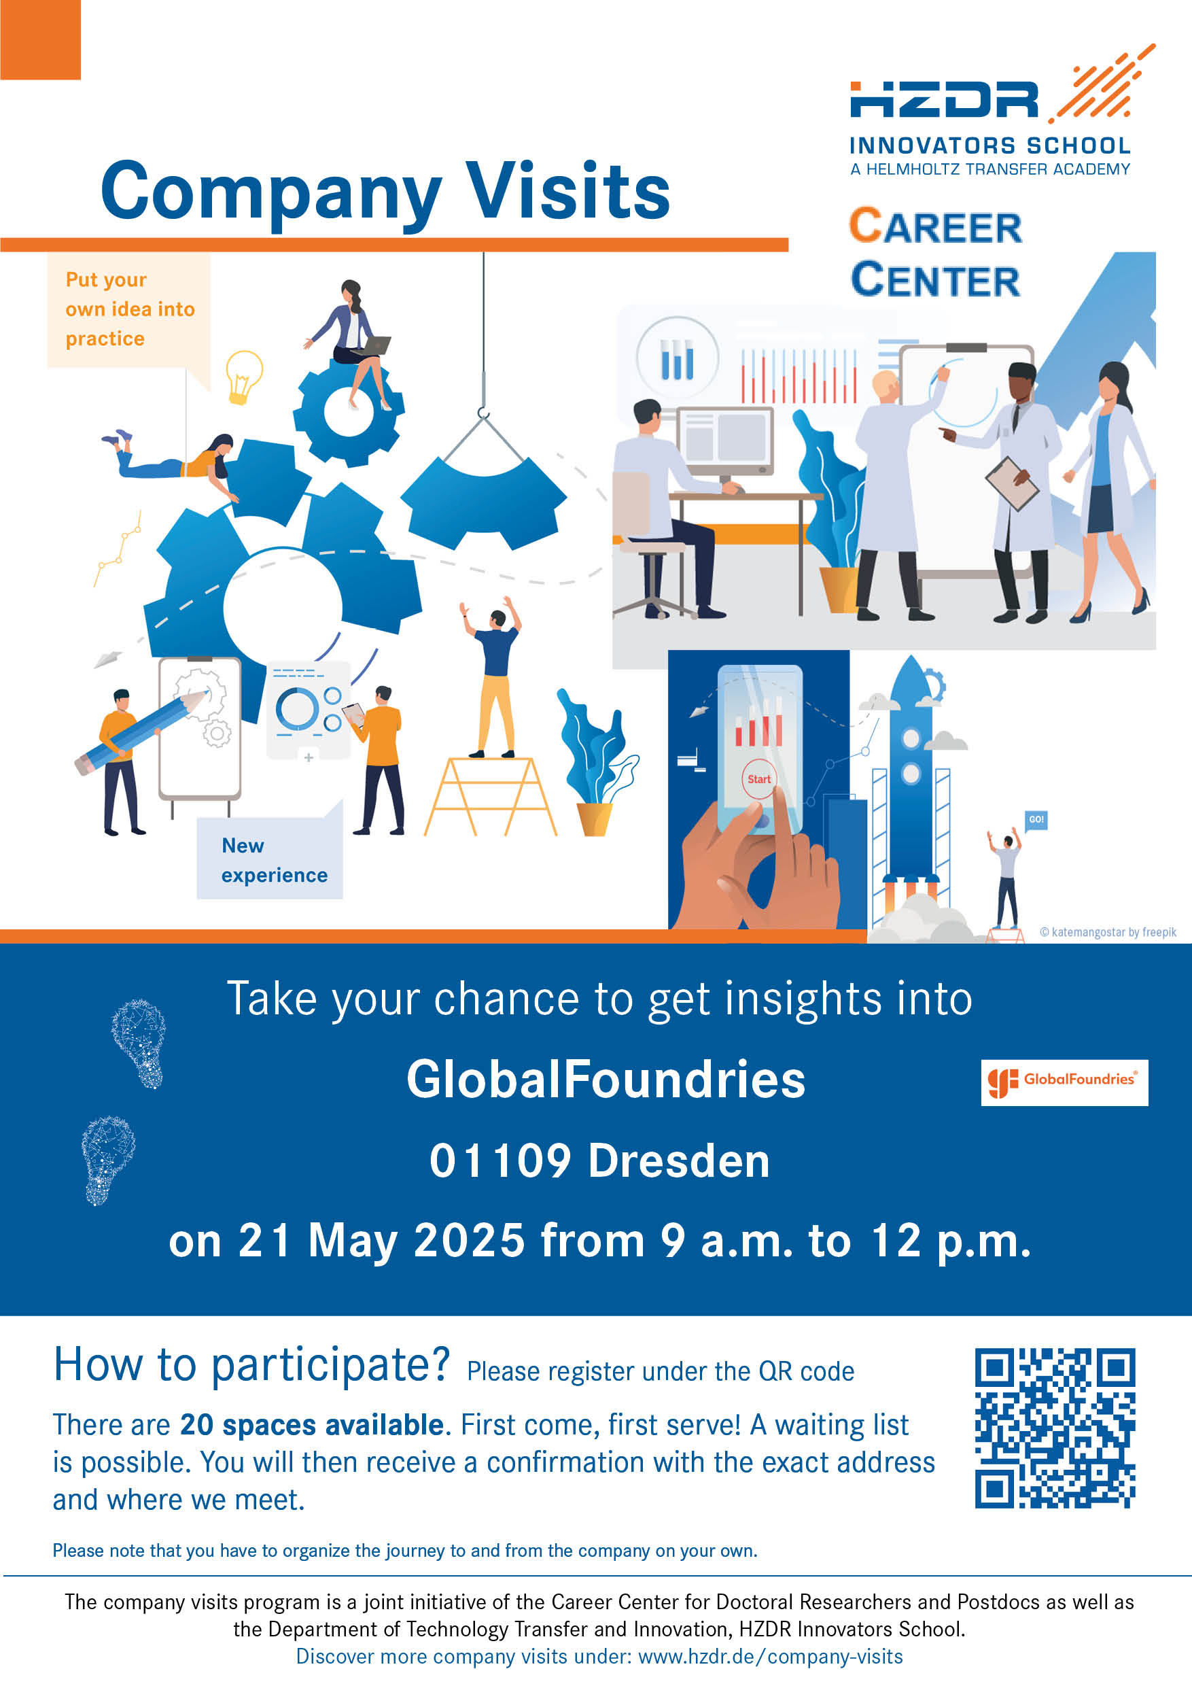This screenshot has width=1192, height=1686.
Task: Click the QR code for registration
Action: point(1055,1428)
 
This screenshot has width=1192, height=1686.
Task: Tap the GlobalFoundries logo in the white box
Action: point(1064,1082)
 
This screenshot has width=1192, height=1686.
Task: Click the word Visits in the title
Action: point(568,190)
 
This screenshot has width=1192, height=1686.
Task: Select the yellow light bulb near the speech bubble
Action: point(244,377)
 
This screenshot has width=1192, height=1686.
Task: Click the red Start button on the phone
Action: point(759,778)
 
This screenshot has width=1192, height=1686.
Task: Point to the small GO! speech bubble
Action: point(1036,819)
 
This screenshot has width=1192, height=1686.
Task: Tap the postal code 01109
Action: point(500,1161)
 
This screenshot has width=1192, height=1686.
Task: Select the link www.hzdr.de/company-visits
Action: point(770,1656)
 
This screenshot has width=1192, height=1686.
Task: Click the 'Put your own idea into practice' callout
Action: point(129,311)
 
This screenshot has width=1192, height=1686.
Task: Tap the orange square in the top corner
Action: point(40,39)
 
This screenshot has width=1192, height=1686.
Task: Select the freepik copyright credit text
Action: point(1108,932)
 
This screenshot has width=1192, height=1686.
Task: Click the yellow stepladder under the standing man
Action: point(489,796)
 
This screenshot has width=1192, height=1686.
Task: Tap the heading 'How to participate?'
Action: point(251,1364)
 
